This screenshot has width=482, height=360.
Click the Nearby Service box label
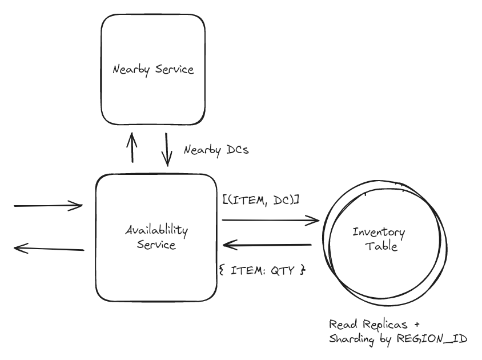(153, 70)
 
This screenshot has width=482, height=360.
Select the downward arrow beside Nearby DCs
(167, 150)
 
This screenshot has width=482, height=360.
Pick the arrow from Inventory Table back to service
(267, 245)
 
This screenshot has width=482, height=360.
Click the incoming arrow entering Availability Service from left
(48, 205)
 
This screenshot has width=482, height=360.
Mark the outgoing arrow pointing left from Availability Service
(48, 247)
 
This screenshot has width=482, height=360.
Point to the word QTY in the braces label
(284, 270)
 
